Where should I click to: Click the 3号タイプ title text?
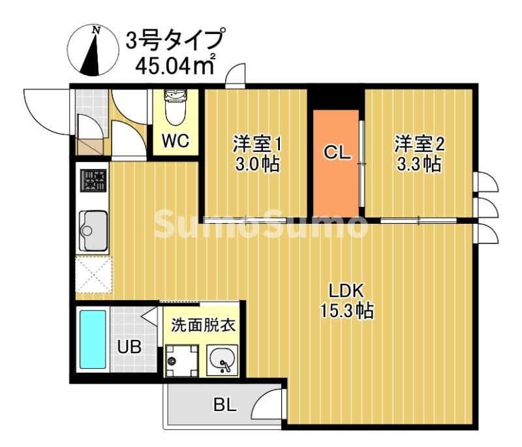click(174, 40)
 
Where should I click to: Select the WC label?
click(176, 140)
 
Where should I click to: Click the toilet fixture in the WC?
click(176, 108)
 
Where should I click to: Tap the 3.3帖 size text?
click(418, 164)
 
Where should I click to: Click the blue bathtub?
click(93, 339)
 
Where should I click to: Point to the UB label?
click(129, 347)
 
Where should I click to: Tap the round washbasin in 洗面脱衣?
click(223, 358)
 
